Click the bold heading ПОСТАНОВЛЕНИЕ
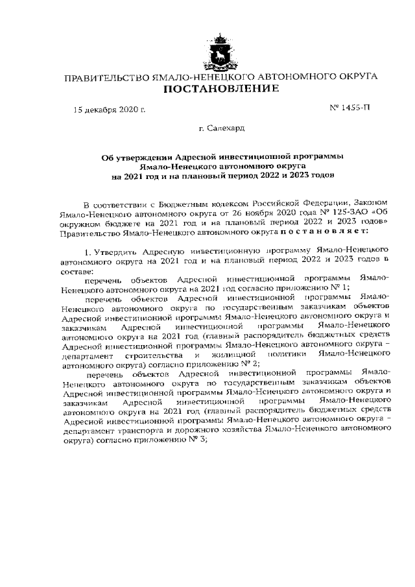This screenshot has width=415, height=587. (220, 89)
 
